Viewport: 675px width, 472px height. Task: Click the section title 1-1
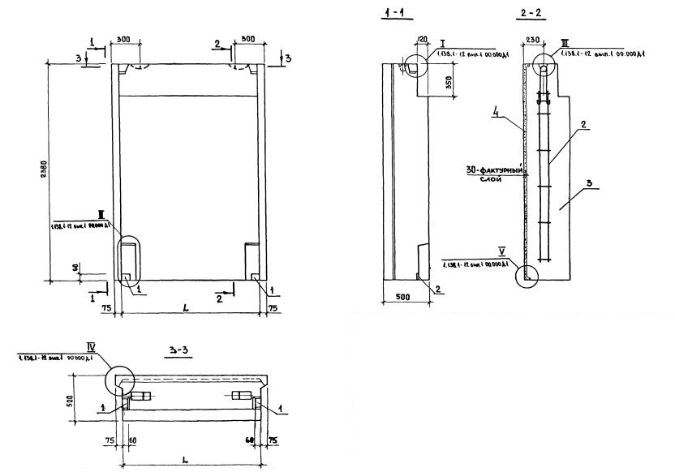pyautogui.click(x=394, y=14)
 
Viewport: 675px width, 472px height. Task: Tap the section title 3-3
pyautogui.click(x=178, y=351)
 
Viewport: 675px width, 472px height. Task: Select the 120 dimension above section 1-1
pyautogui.click(x=422, y=38)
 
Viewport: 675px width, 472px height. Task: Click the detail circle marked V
pyautogui.click(x=529, y=277)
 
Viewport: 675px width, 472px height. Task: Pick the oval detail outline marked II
pyautogui.click(x=131, y=257)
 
